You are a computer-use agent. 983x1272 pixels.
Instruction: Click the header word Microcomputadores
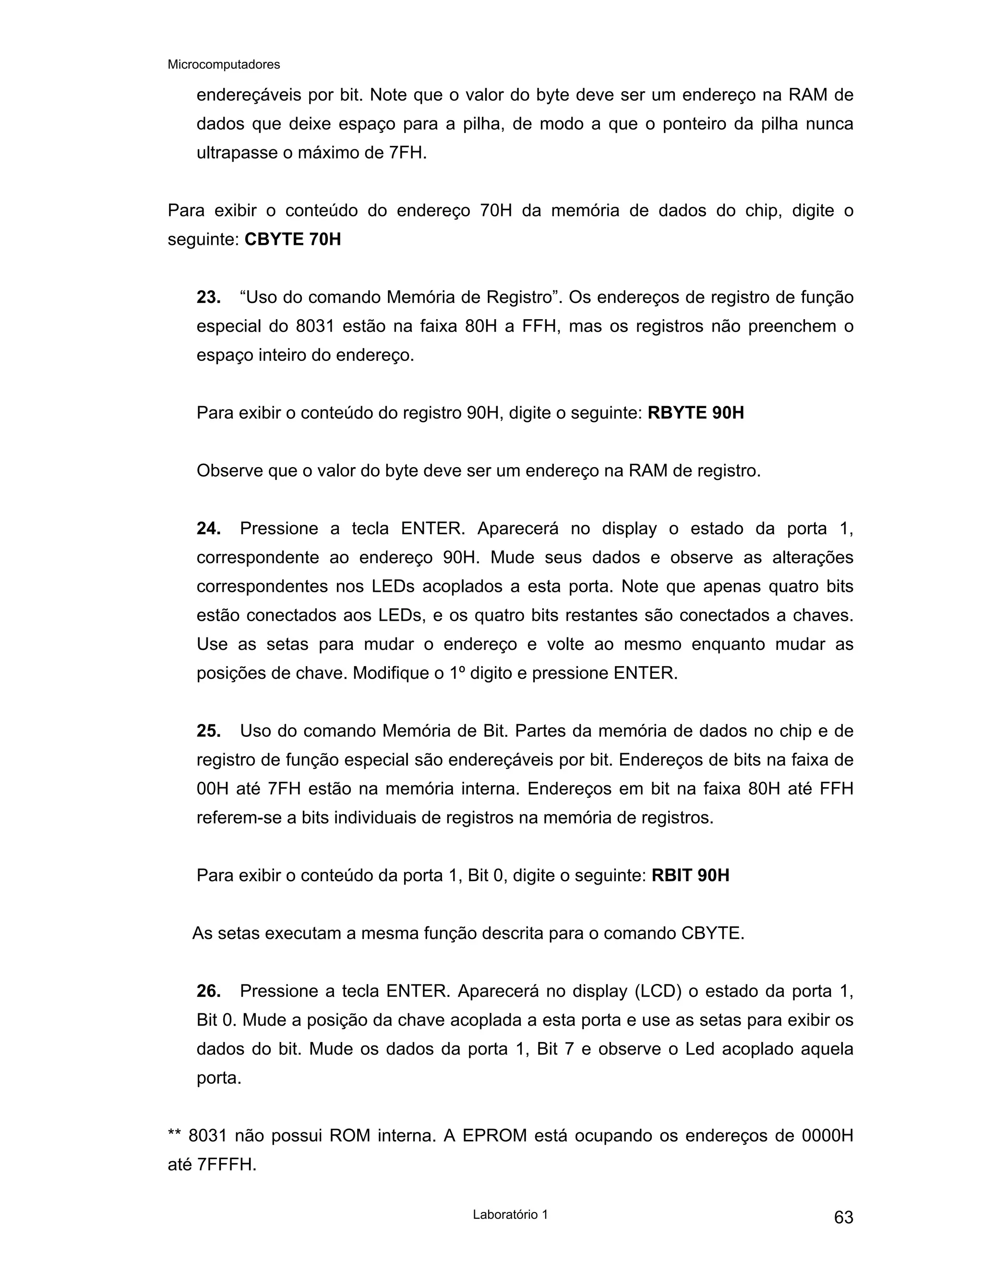pos(224,65)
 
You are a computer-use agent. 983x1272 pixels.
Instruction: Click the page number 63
pos(843,1217)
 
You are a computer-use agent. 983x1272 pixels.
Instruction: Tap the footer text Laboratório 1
pos(510,1214)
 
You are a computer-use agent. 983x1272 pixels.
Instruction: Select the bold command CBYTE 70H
pos(292,240)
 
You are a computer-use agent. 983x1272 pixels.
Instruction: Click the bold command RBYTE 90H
pos(695,413)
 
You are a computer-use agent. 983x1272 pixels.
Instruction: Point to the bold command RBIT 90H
pos(690,876)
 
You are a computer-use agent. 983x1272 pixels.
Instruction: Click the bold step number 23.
pos(208,298)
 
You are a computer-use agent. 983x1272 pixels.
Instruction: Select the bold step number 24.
pos(208,529)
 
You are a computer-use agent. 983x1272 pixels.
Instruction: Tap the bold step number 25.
pos(208,731)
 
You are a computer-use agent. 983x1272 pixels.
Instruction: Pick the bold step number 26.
pos(208,991)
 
